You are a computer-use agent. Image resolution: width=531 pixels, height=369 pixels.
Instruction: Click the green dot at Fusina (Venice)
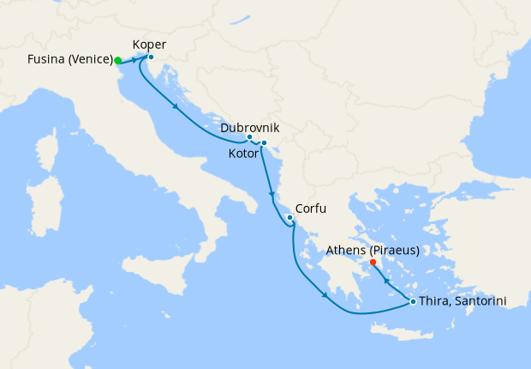[x=118, y=61]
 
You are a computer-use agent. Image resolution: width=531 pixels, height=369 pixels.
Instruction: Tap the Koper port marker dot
[x=151, y=57]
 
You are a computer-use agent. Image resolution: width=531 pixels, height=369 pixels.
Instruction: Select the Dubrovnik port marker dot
[x=249, y=137]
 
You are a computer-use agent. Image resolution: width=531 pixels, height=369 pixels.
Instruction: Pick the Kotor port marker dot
[x=264, y=142]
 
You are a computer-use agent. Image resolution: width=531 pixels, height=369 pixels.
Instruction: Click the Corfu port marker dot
[x=290, y=218]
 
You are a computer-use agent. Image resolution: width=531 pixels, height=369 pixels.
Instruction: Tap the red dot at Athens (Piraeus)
[x=373, y=263]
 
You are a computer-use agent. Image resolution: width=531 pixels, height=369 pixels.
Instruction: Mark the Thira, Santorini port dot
[x=413, y=301]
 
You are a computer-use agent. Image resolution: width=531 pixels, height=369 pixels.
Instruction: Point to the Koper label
[x=150, y=45]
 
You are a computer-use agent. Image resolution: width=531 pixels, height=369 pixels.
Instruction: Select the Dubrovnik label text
[x=249, y=128]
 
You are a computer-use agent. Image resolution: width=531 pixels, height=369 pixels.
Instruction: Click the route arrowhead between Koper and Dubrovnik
[x=176, y=107]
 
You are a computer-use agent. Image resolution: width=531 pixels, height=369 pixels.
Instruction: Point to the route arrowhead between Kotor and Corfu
[x=271, y=194]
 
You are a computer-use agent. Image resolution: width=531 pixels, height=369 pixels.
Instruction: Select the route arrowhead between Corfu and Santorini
[x=325, y=297]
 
